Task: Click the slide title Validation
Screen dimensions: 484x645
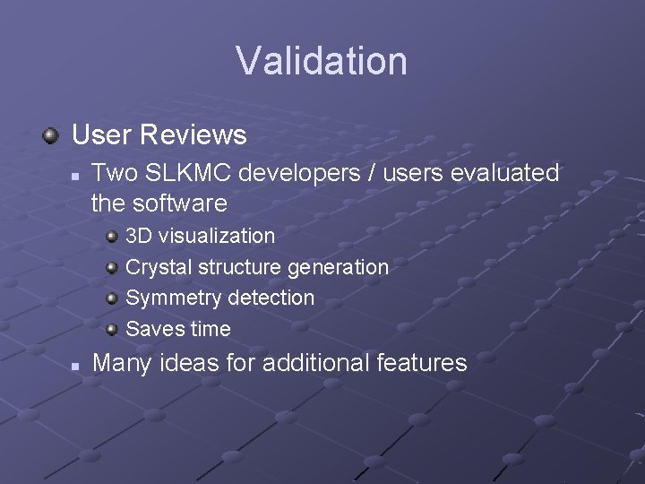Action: pyautogui.click(x=322, y=61)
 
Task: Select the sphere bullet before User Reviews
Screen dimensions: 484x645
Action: pyautogui.click(x=51, y=135)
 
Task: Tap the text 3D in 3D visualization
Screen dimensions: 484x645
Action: pyautogui.click(x=138, y=237)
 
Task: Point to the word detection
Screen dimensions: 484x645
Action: pyautogui.click(x=271, y=298)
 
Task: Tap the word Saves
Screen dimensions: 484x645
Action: pyautogui.click(x=153, y=329)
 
